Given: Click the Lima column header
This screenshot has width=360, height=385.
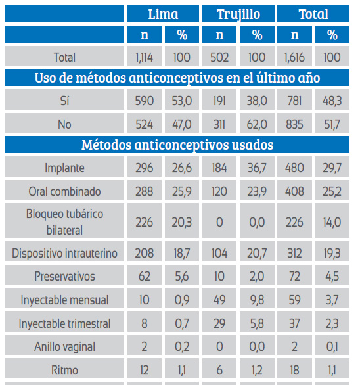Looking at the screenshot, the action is tap(163, 14).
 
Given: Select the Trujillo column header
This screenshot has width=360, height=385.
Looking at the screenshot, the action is tap(238, 14).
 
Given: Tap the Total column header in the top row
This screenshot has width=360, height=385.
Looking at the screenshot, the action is tap(313, 14).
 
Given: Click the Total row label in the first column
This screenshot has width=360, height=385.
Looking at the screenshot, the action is tap(64, 57).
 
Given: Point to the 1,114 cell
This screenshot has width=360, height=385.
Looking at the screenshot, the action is tap(145, 57).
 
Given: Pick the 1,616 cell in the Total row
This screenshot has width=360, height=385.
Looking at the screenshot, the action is tap(294, 57).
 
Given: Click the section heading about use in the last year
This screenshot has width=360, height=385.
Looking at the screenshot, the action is tap(177, 78).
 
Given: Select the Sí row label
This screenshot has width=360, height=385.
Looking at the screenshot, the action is tap(64, 101).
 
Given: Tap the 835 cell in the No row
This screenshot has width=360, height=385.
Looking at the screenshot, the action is tap(294, 124).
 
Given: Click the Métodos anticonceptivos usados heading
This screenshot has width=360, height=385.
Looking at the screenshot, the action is tap(177, 145).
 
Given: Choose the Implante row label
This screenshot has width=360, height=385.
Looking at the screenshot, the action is tap(64, 168).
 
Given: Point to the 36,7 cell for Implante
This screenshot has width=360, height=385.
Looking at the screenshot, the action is tap(257, 168).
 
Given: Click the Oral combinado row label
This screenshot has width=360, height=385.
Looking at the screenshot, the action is tap(64, 192).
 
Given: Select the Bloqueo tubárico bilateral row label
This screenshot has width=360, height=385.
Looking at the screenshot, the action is tap(64, 222).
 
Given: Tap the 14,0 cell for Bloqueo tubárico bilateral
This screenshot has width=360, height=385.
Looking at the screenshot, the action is tap(332, 223).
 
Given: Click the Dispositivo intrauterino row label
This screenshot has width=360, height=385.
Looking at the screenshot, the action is tap(64, 253).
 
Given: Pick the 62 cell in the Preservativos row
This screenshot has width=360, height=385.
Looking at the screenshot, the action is tap(145, 276).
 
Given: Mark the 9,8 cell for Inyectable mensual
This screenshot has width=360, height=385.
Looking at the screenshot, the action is tap(257, 300).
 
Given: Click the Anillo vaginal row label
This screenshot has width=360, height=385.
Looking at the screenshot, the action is tap(64, 347).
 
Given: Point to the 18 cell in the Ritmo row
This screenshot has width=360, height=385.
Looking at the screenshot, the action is tap(294, 371).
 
